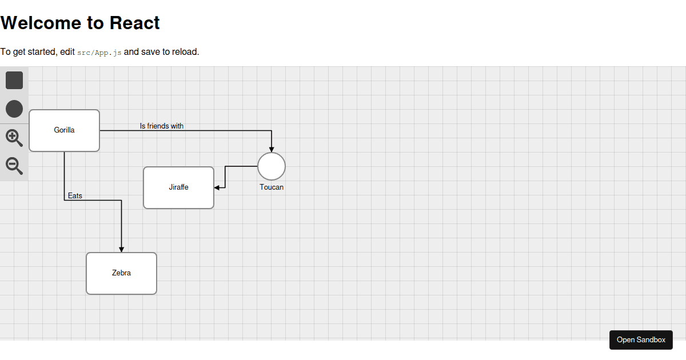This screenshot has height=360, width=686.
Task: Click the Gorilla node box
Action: [64, 130]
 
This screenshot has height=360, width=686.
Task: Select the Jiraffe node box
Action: [178, 187]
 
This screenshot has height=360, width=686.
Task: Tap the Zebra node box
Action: [121, 273]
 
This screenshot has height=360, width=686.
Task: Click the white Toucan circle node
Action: [272, 166]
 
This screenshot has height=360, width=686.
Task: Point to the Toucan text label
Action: [272, 187]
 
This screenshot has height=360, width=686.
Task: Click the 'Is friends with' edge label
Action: [162, 126]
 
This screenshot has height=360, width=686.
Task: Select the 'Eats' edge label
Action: [75, 195]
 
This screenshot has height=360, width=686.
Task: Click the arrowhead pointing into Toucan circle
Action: [272, 150]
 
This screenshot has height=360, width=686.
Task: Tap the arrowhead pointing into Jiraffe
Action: [217, 187]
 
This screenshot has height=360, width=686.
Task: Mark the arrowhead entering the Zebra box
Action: [121, 250]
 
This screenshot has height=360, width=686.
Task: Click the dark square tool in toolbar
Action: [14, 80]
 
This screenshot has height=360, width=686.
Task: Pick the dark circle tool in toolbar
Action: [14, 109]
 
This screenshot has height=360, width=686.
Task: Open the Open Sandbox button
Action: [641, 340]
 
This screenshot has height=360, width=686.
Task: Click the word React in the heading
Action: [134, 23]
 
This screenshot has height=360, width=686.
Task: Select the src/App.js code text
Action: [99, 53]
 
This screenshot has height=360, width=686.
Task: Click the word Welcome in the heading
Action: [41, 23]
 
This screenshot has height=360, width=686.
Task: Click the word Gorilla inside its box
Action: [64, 130]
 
